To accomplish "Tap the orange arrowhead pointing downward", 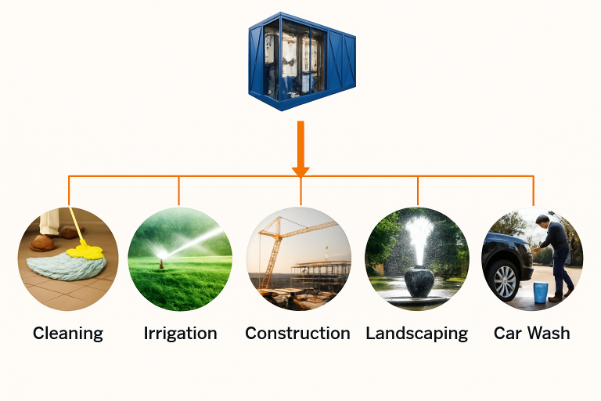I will point(300,171).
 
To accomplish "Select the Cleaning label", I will point(68,333).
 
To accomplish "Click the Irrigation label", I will point(180,333).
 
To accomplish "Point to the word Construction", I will point(297,333).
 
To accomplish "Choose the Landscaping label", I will point(416,333).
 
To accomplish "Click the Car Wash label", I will point(531,333).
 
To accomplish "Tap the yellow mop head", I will point(85,251).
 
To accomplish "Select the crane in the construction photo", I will point(273,243).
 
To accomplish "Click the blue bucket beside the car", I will point(540,293).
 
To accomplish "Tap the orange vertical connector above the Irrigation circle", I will point(179,191).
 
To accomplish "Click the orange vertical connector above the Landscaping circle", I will point(417,191).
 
